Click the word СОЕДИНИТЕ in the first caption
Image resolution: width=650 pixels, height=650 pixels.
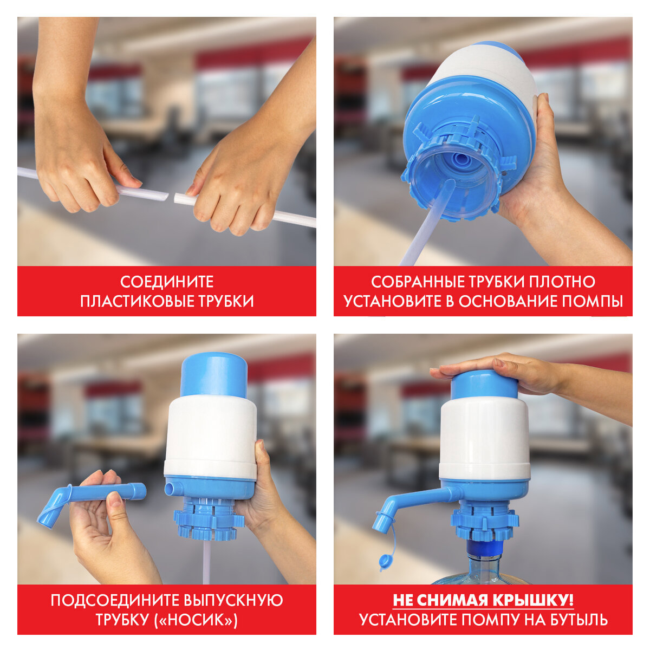[167, 282]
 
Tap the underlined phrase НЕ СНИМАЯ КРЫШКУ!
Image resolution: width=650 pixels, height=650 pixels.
[483, 600]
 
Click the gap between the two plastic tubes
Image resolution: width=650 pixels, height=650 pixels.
[171, 197]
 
